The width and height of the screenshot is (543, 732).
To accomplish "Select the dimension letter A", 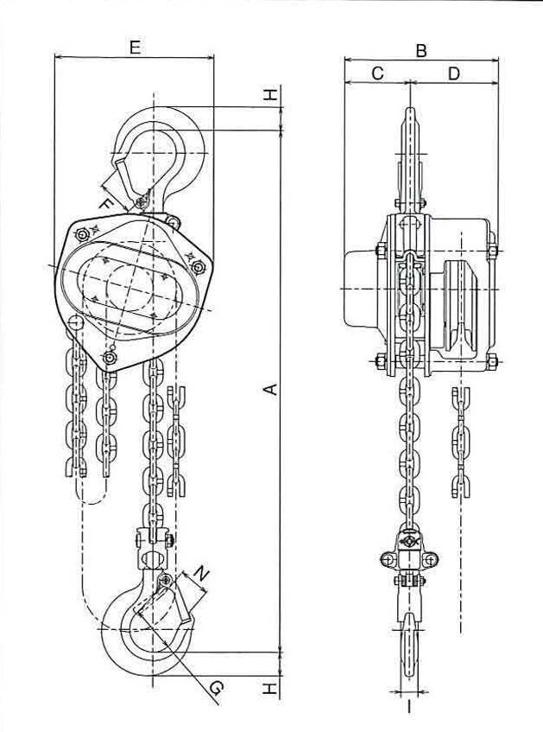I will pyautogui.click(x=270, y=391).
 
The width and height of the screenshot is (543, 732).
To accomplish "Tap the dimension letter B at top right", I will pyautogui.click(x=420, y=51).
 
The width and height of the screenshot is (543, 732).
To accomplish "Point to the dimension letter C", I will pyautogui.click(x=377, y=74).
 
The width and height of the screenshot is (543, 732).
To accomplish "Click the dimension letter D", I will pyautogui.click(x=454, y=74).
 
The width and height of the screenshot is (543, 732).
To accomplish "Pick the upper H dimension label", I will pyautogui.click(x=271, y=96).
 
